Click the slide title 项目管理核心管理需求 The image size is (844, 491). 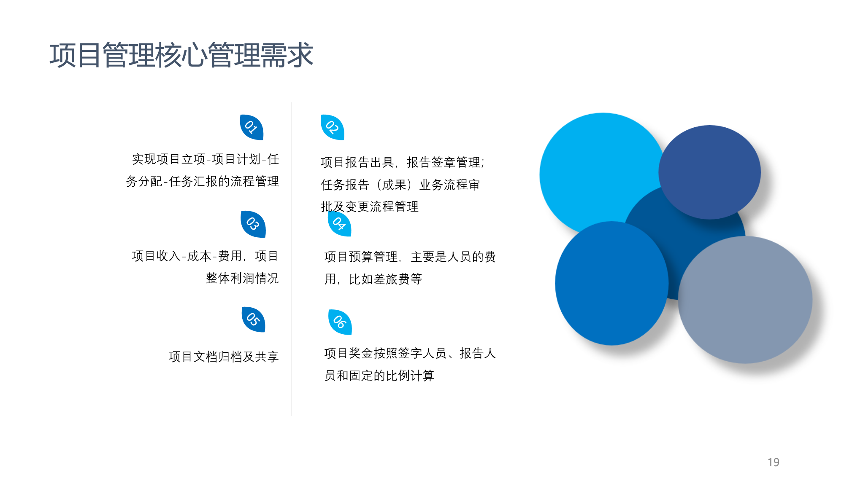[181, 55]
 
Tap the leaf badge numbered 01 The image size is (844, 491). [252, 127]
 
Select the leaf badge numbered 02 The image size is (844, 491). [333, 127]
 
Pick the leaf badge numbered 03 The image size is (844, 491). [253, 224]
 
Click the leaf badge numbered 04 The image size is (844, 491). [340, 224]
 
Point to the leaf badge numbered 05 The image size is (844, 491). [253, 319]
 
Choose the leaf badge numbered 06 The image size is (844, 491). [340, 322]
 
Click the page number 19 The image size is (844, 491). [774, 462]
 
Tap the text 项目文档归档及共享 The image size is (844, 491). [224, 357]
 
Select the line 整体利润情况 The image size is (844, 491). [242, 278]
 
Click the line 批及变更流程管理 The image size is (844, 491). [370, 207]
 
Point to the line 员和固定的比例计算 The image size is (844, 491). [379, 376]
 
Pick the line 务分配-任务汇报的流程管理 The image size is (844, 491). [203, 181]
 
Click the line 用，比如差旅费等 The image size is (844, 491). [373, 279]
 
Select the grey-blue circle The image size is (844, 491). [745, 300]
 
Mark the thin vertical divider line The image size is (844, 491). [292, 259]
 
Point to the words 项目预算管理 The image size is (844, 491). [361, 257]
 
